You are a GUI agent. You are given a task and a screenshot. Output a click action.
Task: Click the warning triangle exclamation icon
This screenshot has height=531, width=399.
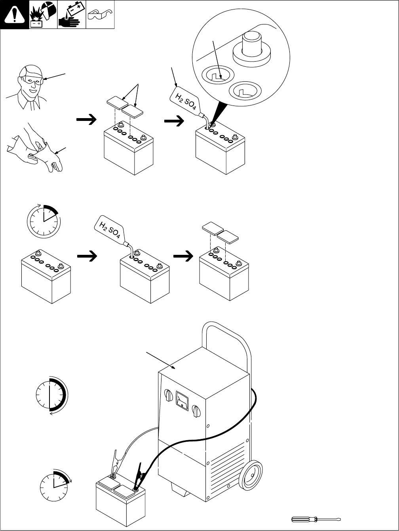tap(15, 15)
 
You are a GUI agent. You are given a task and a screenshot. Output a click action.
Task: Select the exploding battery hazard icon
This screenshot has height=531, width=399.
tap(44, 15)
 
